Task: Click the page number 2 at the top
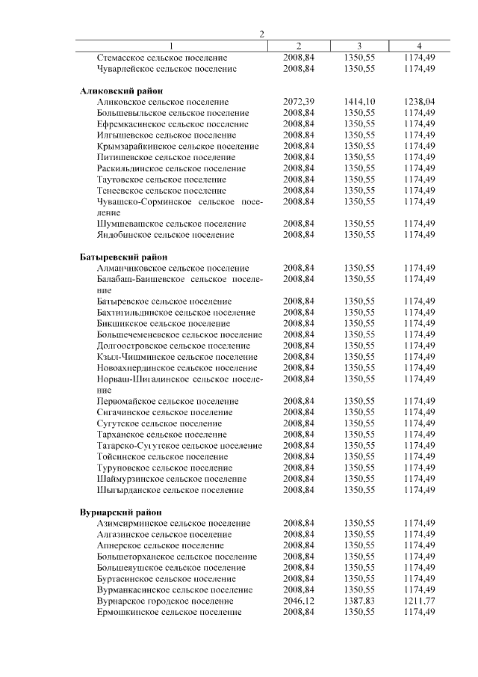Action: tap(261, 34)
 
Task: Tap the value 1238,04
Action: tap(418, 101)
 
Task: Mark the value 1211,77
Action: tap(418, 601)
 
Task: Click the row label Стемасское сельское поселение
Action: tap(162, 58)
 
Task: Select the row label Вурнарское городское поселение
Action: tap(164, 601)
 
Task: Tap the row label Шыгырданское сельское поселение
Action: tap(170, 490)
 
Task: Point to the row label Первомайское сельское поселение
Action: tap(169, 401)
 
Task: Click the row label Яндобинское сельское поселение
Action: tap(165, 235)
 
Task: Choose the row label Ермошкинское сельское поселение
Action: tap(169, 612)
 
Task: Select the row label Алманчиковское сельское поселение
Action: tap(173, 268)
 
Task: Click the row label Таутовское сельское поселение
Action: tap(161, 180)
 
